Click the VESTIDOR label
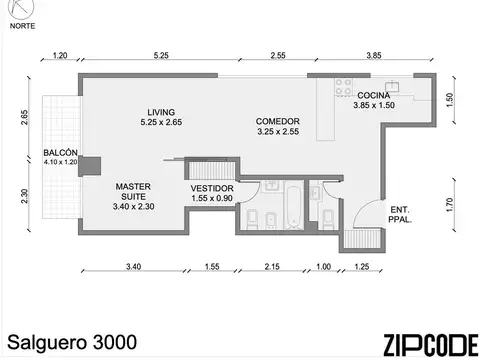click(x=212, y=188)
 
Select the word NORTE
click(x=21, y=28)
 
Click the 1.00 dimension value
click(x=322, y=268)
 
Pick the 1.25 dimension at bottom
click(x=361, y=268)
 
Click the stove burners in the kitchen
click(x=344, y=87)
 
